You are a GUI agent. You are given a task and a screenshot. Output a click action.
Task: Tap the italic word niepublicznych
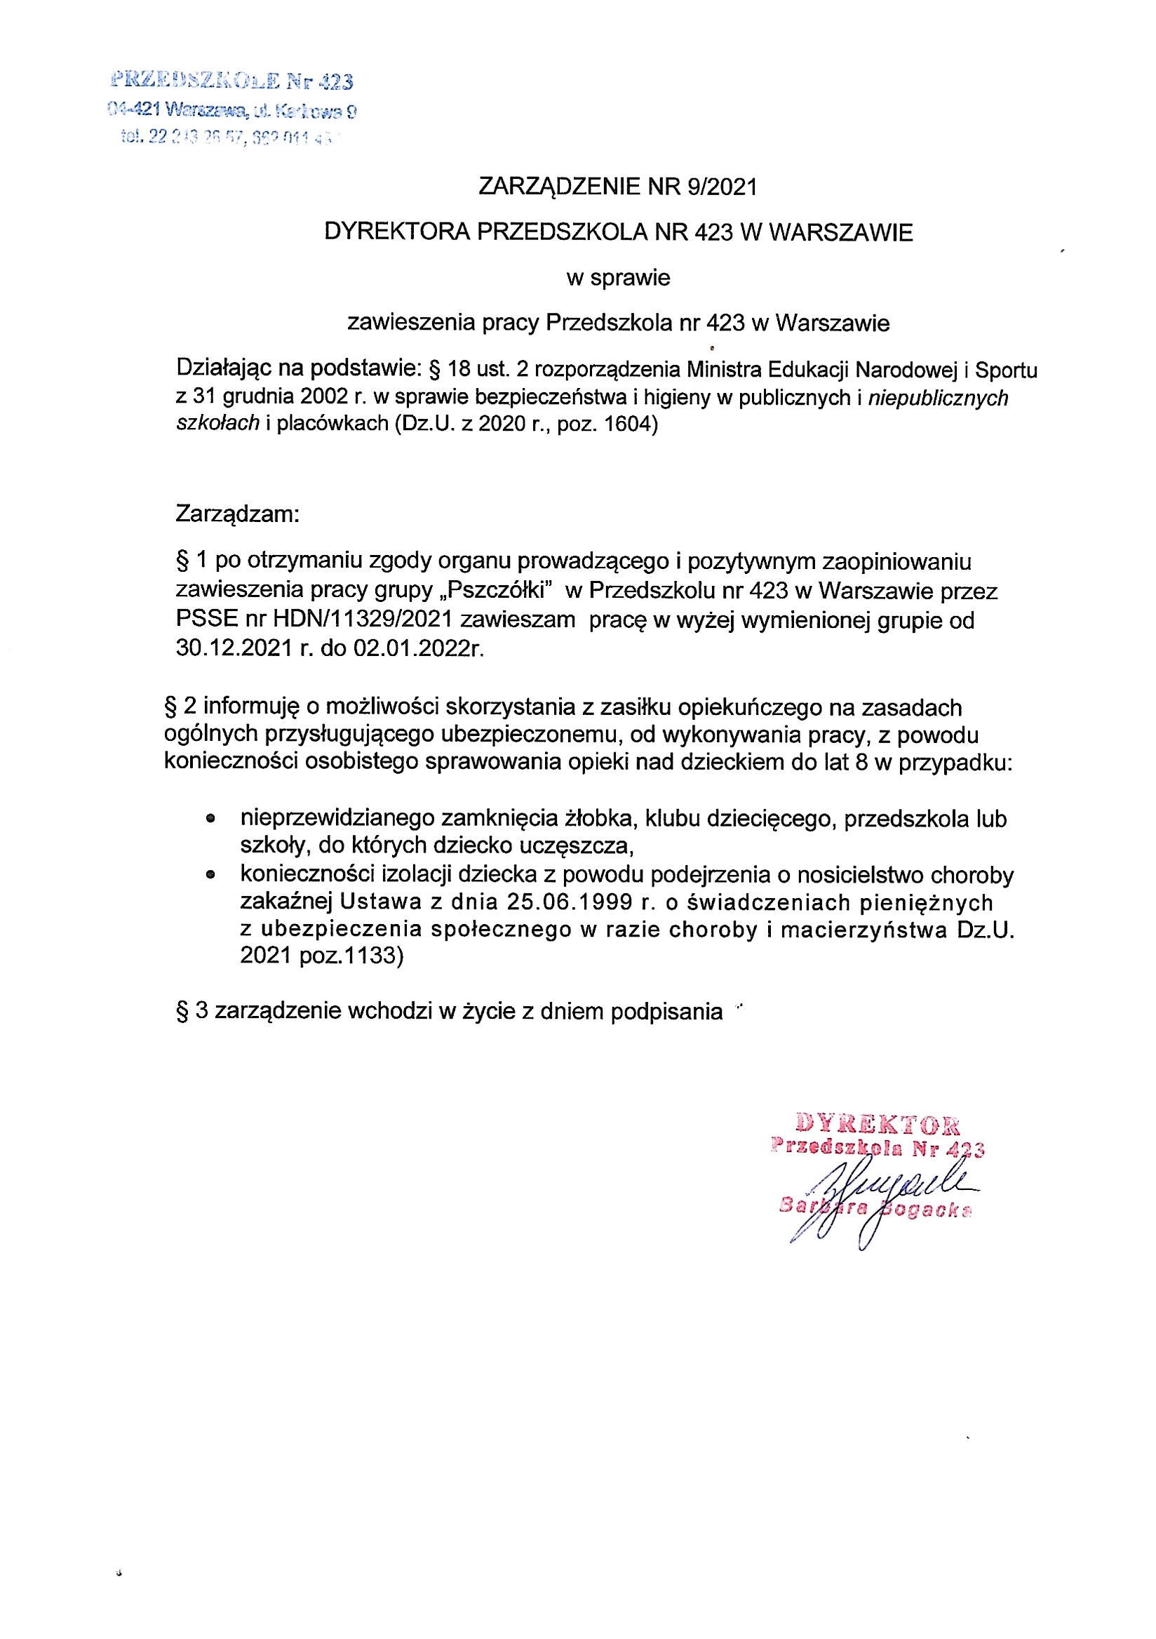[938, 398]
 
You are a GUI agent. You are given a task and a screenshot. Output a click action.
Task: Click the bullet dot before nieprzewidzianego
[210, 819]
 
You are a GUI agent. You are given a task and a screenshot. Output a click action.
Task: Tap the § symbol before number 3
[182, 1012]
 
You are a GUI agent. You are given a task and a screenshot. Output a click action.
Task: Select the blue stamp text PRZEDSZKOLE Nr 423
[233, 81]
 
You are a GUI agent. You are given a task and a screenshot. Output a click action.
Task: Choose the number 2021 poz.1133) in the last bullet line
[322, 955]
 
